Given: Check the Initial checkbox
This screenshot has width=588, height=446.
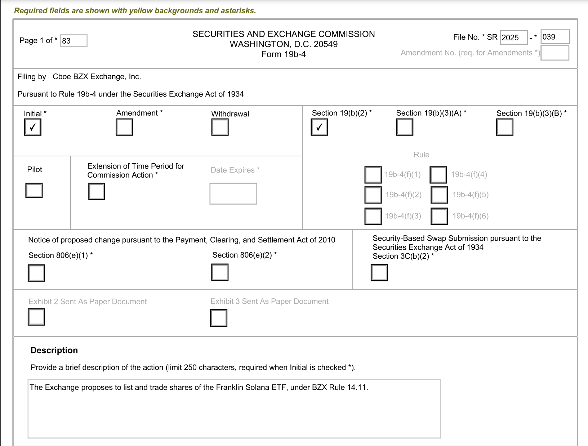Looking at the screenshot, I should [33, 127].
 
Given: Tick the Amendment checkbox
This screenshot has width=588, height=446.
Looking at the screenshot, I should [124, 127].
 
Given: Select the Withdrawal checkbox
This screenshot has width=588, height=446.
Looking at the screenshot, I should [220, 127].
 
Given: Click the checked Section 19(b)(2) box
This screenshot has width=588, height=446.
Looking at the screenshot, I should [319, 127].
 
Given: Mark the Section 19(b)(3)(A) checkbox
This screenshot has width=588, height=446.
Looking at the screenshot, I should [405, 127].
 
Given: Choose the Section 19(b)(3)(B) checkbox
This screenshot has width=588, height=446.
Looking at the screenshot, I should [504, 127].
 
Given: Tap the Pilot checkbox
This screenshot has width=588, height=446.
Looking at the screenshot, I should [34, 190].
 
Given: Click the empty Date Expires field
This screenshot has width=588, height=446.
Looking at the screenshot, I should [233, 193].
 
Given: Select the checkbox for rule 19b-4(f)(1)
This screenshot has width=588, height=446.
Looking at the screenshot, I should [373, 175].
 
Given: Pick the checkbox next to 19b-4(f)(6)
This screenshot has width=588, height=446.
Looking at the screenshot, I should [439, 216].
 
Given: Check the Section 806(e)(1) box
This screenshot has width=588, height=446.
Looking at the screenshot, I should [36, 273].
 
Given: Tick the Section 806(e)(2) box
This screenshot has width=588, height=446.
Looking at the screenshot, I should [220, 272].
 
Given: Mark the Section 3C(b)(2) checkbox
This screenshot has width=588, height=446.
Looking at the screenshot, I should [379, 272].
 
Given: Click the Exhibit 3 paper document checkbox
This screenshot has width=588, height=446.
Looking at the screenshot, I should [219, 318].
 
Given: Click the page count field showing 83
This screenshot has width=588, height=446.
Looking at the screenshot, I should [74, 41].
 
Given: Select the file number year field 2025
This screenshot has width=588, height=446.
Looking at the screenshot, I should [514, 37].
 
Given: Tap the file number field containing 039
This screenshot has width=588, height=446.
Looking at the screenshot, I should [555, 37].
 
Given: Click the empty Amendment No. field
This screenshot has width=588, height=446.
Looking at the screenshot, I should [555, 53].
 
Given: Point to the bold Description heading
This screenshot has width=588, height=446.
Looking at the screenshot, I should [54, 350].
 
